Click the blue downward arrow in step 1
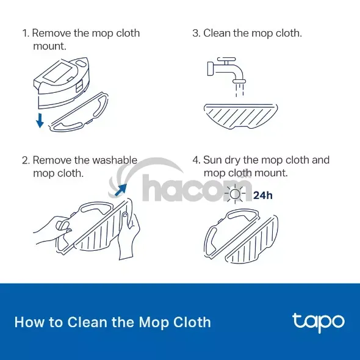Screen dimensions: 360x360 click(x=40, y=120)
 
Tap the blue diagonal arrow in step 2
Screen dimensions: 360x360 click(x=121, y=190)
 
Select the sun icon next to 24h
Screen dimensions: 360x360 click(x=235, y=194)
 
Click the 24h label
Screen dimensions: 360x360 click(x=263, y=195)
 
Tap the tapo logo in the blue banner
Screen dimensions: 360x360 click(x=319, y=323)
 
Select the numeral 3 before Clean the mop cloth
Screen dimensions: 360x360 click(x=195, y=34)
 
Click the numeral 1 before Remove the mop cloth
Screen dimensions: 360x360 click(x=24, y=34)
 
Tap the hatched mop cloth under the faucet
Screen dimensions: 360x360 click(x=241, y=116)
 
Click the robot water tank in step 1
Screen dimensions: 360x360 click(x=61, y=82)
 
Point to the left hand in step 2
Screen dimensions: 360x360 click(x=53, y=229)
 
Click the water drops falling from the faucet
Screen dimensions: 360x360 click(x=239, y=90)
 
